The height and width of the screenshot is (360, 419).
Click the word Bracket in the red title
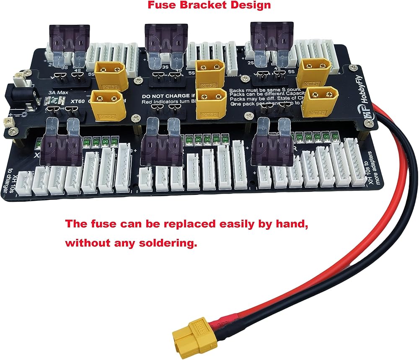pyautogui.click(x=203, y=5)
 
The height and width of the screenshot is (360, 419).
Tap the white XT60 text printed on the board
pyautogui.click(x=78, y=101)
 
